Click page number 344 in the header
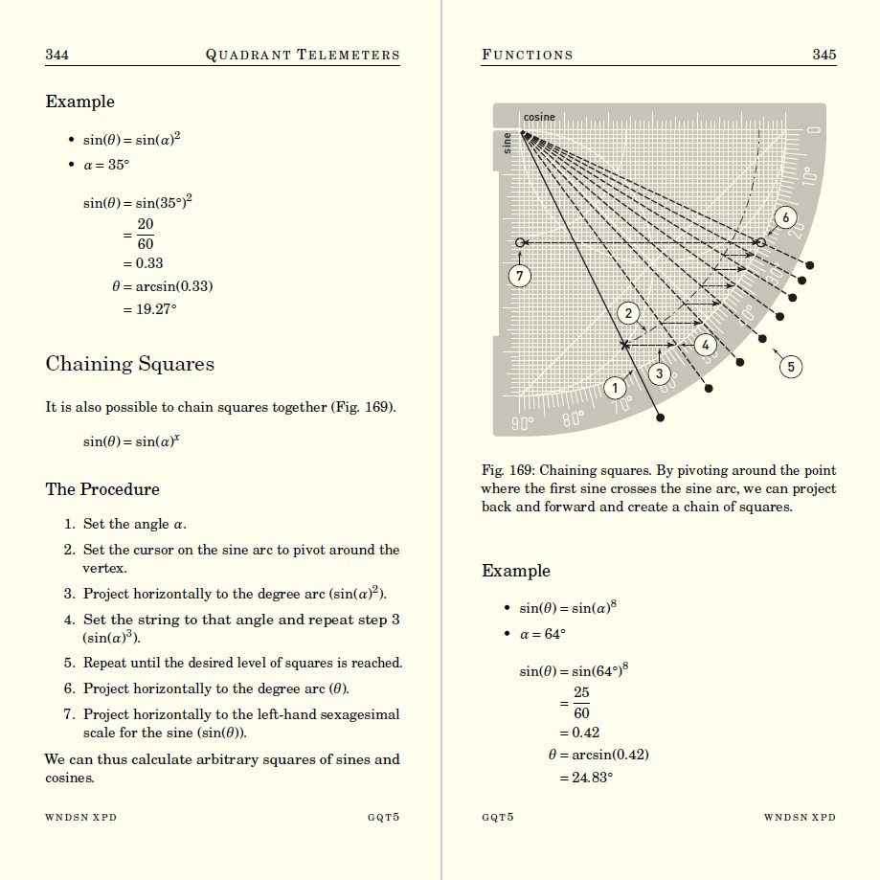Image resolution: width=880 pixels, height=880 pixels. (56, 55)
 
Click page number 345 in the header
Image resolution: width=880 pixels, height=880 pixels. (824, 55)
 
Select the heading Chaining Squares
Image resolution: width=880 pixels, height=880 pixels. (129, 364)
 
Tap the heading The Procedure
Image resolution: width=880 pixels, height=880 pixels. (102, 489)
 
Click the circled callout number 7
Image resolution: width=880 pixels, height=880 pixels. (519, 276)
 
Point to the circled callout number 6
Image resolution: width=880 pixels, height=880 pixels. (785, 217)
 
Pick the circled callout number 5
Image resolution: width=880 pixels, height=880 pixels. (791, 366)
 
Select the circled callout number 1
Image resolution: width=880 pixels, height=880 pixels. (616, 388)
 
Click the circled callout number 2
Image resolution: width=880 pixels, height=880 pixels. (628, 313)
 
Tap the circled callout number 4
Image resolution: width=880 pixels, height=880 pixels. (706, 345)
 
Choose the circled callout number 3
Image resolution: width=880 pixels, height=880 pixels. (659, 372)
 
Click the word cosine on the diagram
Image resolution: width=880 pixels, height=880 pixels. (539, 117)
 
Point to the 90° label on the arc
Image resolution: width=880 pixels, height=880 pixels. (522, 420)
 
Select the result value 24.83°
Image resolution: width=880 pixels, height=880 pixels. (585, 778)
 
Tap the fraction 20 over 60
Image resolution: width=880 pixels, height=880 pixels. (145, 234)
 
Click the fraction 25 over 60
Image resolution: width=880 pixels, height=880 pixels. (581, 703)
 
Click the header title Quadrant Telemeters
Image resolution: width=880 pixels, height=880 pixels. (303, 55)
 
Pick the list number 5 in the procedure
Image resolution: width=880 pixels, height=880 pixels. (69, 663)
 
